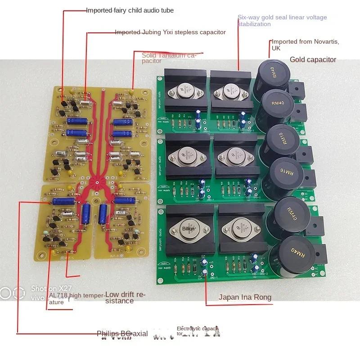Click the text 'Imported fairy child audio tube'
coord(130,10)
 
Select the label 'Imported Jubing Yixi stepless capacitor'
coord(170,32)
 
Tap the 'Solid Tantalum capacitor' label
coord(170,58)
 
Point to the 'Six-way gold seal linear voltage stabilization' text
coord(282,21)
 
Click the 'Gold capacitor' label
coord(313,59)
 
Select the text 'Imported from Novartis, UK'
coord(305,45)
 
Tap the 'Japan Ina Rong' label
coord(245,297)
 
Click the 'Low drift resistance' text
coord(126,297)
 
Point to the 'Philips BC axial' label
coord(122,333)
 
